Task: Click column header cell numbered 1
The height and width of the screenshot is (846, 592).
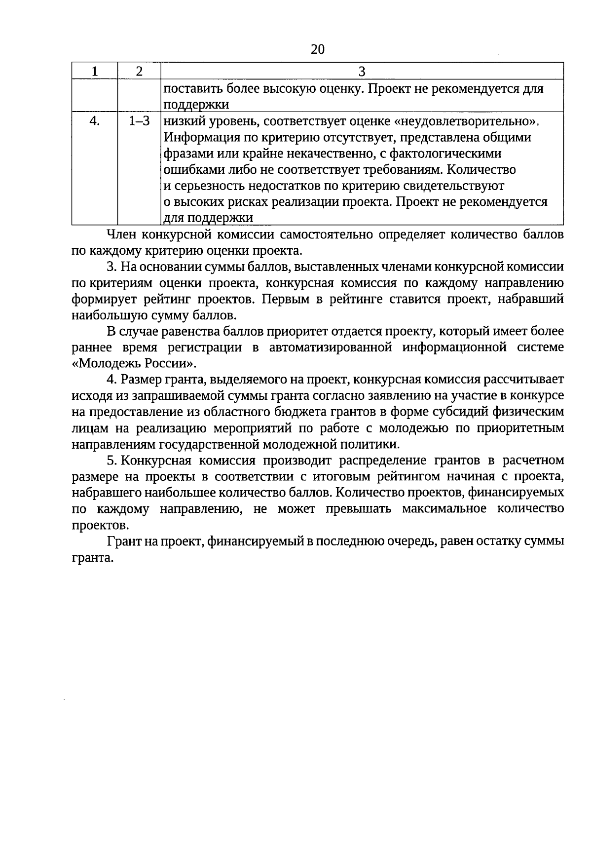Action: [x=95, y=72]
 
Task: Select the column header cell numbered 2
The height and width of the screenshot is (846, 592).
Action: [x=139, y=72]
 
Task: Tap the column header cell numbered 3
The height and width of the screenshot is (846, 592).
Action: [x=362, y=72]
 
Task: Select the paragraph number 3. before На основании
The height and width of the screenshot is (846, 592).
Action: [x=111, y=268]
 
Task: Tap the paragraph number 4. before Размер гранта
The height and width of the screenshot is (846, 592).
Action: [x=111, y=380]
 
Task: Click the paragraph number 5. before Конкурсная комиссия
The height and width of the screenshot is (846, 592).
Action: [x=111, y=461]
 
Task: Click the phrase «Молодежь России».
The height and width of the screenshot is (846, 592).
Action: [x=133, y=364]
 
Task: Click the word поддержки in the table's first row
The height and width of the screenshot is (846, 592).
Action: [x=196, y=105]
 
